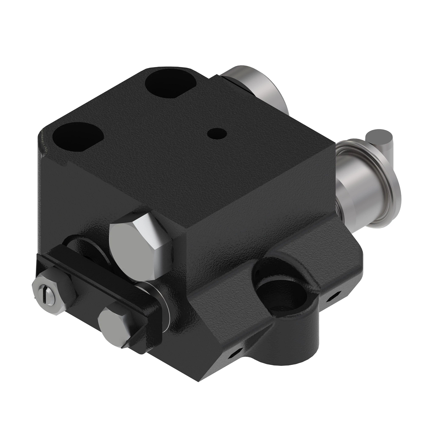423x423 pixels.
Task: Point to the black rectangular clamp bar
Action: click(92, 282)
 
